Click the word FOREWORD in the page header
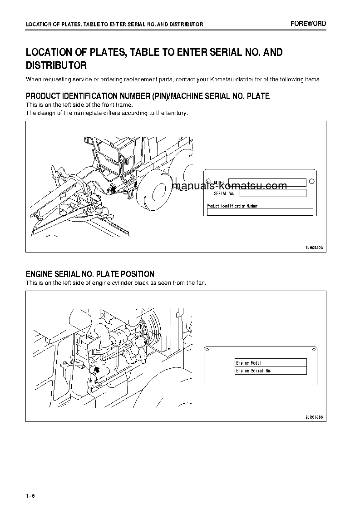click(x=308, y=24)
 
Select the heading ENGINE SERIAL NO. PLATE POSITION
click(x=90, y=274)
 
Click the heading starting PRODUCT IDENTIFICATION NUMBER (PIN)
click(x=148, y=96)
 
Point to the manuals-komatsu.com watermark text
click(x=230, y=186)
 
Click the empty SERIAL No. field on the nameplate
click(x=272, y=193)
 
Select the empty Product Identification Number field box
click(x=260, y=212)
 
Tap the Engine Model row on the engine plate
click(x=271, y=363)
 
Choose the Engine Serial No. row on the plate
click(x=271, y=371)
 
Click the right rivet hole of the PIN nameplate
click(x=311, y=181)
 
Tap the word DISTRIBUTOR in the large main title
click(x=56, y=65)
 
